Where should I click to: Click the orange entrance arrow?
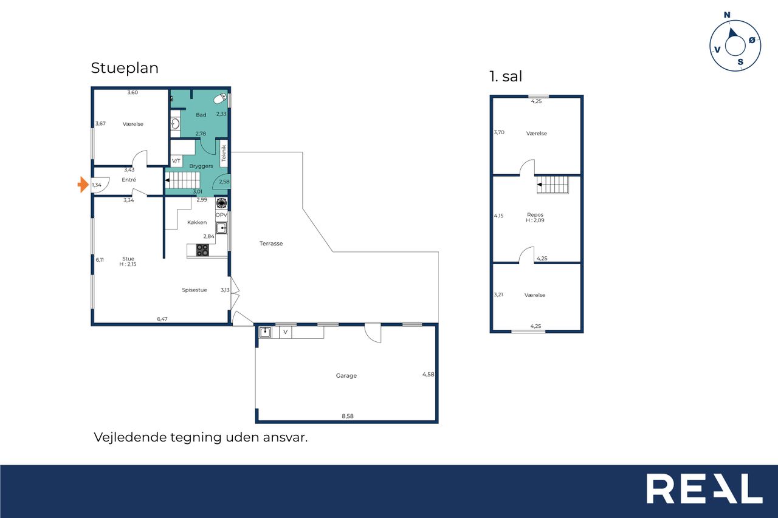pos(83,184)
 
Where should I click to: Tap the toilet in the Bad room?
pos(220,98)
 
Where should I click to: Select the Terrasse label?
pos(271,244)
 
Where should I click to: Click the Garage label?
pos(346,375)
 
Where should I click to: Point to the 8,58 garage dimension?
pos(348,416)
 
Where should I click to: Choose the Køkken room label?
pos(197,222)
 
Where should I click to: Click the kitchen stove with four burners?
pos(202,250)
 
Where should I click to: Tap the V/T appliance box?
pos(176,161)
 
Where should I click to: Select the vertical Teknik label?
pos(224,153)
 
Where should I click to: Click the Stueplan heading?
pos(125,68)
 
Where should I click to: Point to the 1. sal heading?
pos(506,77)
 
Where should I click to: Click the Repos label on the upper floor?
pos(535,215)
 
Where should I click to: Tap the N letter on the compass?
pos(727,15)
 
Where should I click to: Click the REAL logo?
pos(704,488)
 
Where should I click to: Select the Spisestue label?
pos(194,290)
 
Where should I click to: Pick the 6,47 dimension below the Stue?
pos(162,319)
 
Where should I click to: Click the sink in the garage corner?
pos(266,332)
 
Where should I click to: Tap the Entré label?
pos(129,180)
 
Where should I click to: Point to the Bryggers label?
pos(201,166)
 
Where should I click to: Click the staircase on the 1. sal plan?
pos(553,185)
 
